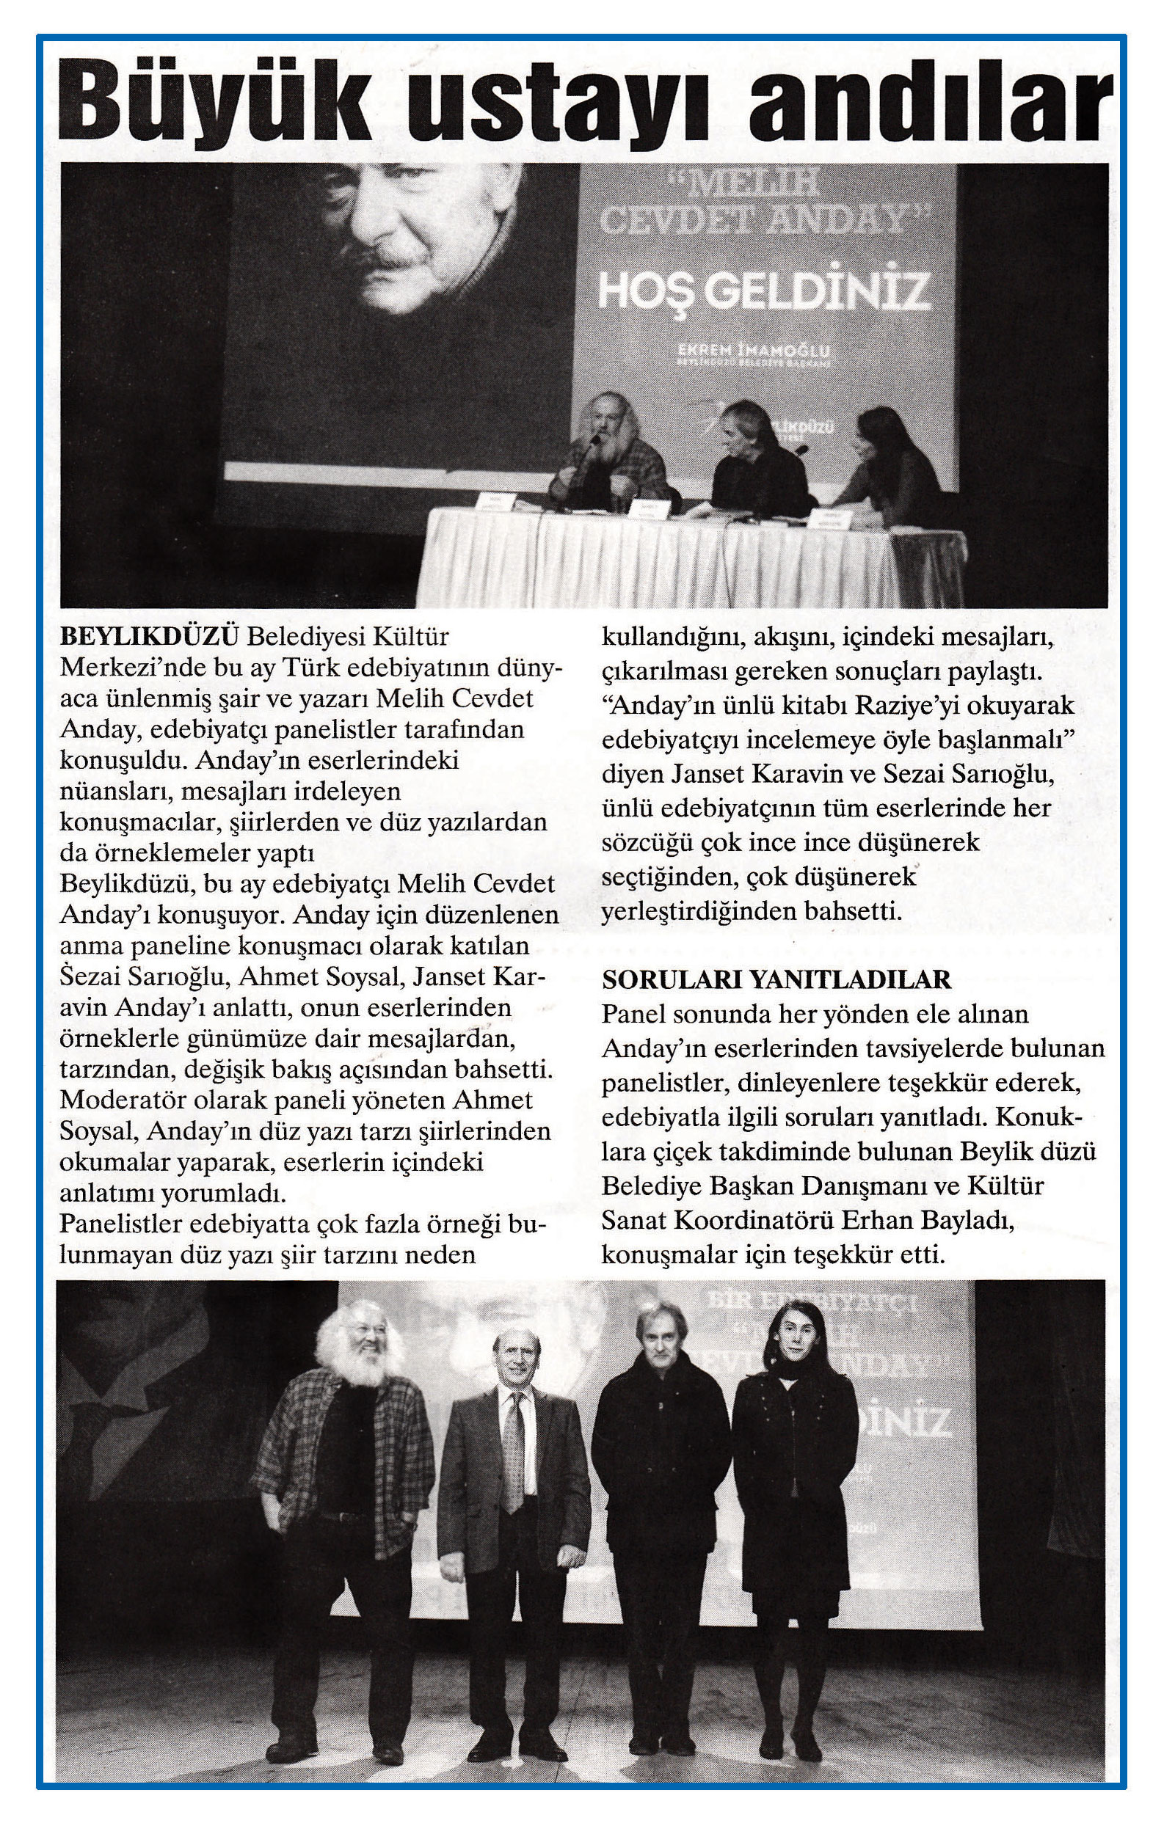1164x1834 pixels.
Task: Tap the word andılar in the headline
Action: click(927, 103)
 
